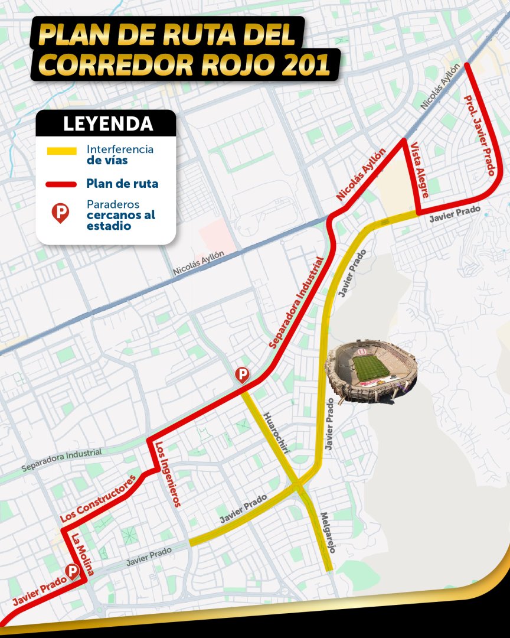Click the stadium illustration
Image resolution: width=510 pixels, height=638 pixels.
[x=372, y=370]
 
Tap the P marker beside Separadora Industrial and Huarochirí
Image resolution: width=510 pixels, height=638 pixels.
[x=242, y=375]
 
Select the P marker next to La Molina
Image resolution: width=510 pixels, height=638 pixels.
[x=73, y=571]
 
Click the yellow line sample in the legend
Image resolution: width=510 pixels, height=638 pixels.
[x=61, y=151]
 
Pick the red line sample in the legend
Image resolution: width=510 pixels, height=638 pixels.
[x=61, y=184]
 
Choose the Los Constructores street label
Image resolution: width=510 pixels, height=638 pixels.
[x=99, y=498]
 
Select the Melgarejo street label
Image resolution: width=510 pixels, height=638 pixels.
[x=326, y=532]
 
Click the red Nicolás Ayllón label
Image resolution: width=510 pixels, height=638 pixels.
[x=361, y=175]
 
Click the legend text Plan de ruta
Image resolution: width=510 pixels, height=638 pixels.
[x=122, y=184]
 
